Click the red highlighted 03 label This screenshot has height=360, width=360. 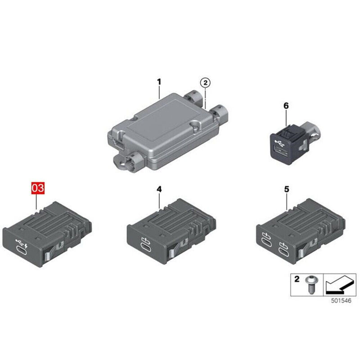38,188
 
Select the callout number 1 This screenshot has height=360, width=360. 158,82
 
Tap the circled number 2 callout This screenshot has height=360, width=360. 205,83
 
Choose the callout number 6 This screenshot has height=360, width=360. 285,106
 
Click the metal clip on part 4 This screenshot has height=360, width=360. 172,255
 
